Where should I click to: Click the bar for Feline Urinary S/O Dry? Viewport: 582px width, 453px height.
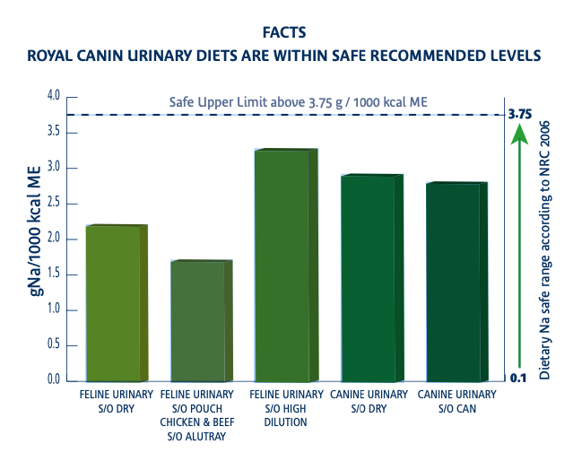[x=113, y=303]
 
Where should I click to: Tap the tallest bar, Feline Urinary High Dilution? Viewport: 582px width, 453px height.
[x=281, y=266]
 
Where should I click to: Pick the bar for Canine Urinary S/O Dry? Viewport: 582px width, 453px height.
[x=368, y=278]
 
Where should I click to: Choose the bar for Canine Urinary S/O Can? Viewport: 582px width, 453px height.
[x=453, y=282]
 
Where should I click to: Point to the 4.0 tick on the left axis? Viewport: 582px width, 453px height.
[x=53, y=96]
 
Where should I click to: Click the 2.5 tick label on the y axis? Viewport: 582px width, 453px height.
[x=53, y=203]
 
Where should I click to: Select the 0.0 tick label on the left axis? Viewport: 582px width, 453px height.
[x=53, y=380]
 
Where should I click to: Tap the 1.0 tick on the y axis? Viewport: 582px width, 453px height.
[x=53, y=309]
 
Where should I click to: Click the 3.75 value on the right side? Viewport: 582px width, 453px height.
[x=520, y=114]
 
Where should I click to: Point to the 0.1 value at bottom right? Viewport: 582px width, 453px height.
[x=517, y=379]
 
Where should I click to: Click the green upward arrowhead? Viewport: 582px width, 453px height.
[x=517, y=135]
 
